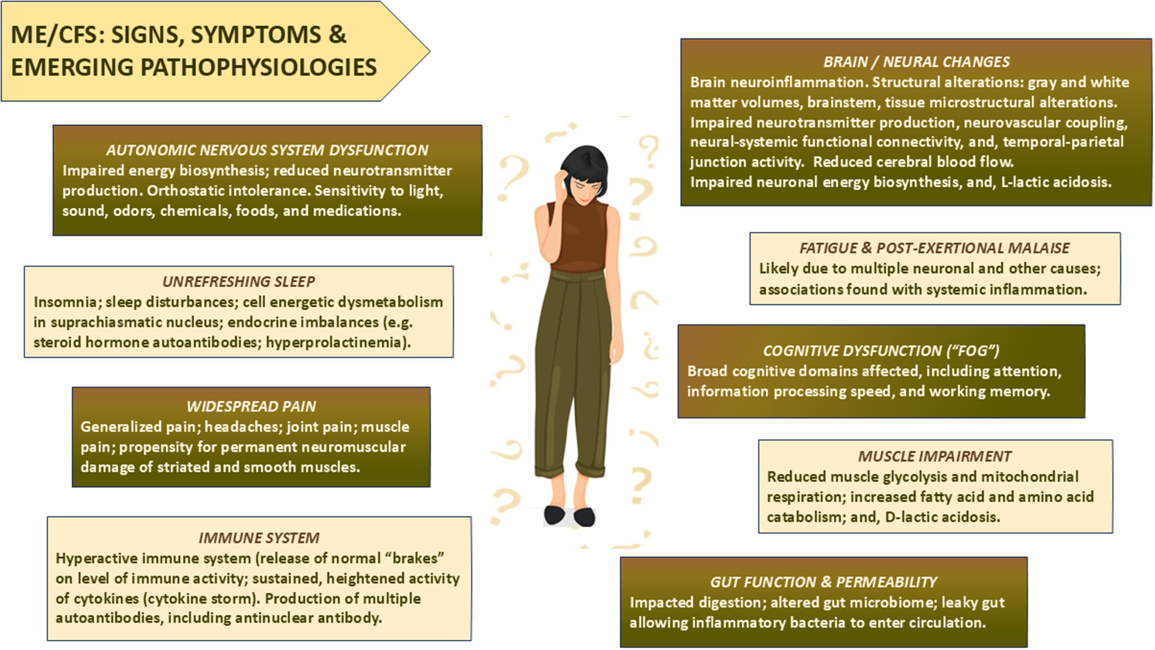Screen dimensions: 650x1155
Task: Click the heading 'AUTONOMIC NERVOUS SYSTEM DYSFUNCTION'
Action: pos(267,150)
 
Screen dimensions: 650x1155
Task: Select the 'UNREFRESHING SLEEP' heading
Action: pos(238,281)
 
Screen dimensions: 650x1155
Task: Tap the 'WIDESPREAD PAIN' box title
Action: pos(251,406)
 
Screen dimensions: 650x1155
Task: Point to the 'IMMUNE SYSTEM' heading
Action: pos(258,538)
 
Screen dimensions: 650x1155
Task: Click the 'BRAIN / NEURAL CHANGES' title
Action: pos(916,62)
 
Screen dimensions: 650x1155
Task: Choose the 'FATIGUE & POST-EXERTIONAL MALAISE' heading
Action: pos(934,248)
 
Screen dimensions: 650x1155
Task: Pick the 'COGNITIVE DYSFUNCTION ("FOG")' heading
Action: pos(881,351)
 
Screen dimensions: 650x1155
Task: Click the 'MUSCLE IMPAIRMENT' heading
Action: pos(935,456)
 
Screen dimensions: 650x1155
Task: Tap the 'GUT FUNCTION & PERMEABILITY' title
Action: pos(823,582)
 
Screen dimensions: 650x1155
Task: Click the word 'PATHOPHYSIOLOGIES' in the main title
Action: pos(258,68)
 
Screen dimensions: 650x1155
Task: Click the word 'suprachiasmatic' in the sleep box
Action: pos(98,322)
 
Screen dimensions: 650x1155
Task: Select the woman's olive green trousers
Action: pos(573,354)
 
